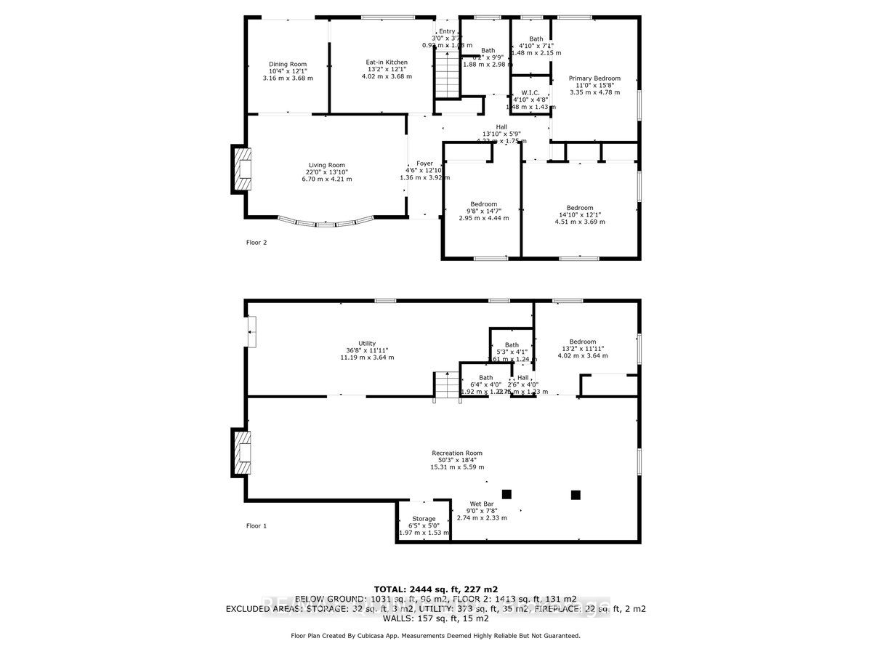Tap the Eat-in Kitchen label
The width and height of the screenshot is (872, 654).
point(387,62)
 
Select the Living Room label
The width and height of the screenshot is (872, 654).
point(327,165)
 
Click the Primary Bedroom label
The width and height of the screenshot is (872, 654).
point(595,78)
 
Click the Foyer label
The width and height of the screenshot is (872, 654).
point(424,163)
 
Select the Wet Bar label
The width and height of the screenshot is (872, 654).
point(481,503)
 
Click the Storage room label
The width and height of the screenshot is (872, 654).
point(424,519)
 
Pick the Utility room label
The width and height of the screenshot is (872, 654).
point(367,343)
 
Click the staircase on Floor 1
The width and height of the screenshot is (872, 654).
point(447,385)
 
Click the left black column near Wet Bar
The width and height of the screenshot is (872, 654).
point(506,494)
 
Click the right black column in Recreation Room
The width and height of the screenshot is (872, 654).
point(576,495)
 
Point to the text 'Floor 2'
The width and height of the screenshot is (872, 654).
point(257,243)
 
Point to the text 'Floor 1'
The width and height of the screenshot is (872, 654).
point(257,525)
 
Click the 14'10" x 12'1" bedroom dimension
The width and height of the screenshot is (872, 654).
point(580,214)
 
